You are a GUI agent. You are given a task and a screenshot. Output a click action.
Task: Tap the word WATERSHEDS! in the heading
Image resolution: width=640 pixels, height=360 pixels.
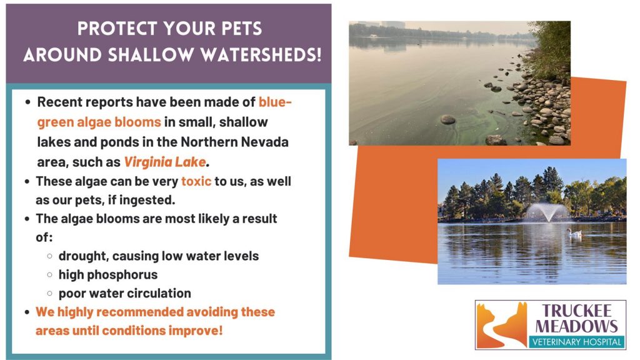(x=261, y=55)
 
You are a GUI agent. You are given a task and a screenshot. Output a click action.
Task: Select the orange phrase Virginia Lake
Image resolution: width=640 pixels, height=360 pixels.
(x=165, y=162)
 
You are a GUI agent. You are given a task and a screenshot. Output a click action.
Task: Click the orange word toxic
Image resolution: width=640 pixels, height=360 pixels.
(x=196, y=181)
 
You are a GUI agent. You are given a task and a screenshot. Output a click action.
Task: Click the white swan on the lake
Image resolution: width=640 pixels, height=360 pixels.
(x=574, y=232)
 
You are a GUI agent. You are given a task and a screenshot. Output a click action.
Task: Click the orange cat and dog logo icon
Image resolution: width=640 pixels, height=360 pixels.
(x=502, y=325)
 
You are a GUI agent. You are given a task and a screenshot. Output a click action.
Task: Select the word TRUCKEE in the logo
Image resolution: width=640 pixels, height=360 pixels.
(x=577, y=311)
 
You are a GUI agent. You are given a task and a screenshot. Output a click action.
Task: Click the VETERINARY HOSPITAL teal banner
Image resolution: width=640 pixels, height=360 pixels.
(x=577, y=342)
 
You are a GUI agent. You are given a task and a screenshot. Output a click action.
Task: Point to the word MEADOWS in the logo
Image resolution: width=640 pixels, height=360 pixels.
(x=577, y=326)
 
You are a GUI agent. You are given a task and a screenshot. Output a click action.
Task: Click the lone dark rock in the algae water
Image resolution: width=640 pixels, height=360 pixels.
(x=447, y=119)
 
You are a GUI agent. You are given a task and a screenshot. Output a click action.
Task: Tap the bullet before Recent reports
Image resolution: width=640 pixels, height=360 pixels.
(x=27, y=102)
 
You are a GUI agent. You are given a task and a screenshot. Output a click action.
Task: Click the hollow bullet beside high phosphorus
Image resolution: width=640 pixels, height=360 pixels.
(x=50, y=275)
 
